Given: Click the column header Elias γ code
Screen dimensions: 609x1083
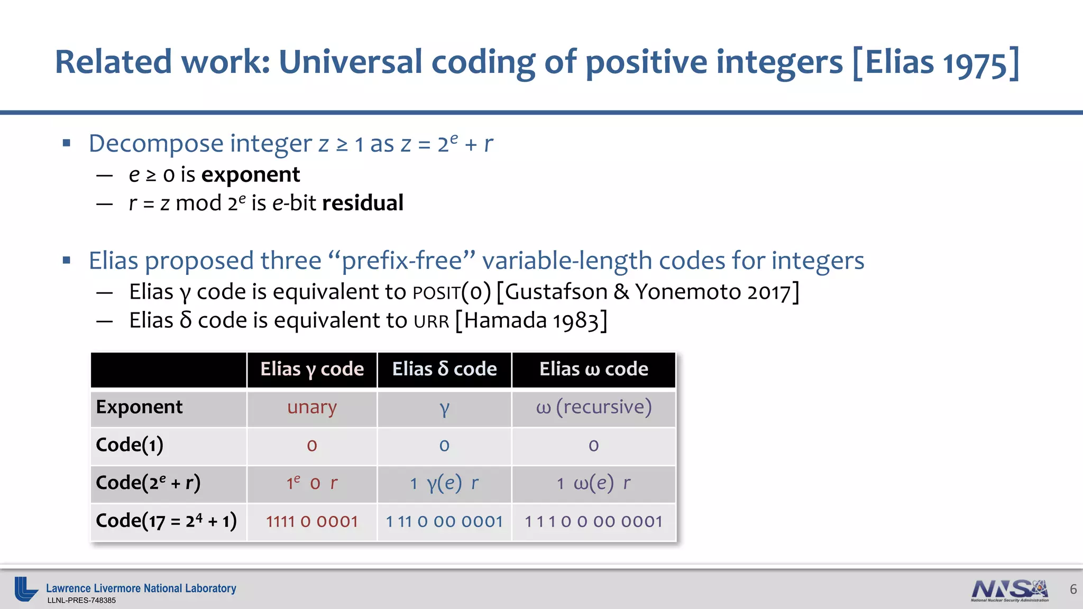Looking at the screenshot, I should [x=312, y=369].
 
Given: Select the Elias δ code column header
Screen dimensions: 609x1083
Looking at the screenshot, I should [x=444, y=369].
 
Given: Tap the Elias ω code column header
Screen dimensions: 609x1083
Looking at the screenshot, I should [x=593, y=369].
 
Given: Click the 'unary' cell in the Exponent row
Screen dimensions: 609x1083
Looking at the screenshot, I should [x=312, y=407].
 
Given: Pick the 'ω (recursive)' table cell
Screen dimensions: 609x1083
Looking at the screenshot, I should [x=593, y=407].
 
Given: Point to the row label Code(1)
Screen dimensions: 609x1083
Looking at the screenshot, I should [x=130, y=445].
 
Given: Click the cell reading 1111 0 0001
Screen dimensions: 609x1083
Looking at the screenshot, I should [x=312, y=522].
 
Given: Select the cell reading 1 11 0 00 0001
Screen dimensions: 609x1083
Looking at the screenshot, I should [x=444, y=522].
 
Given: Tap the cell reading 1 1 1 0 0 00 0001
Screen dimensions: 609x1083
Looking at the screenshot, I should [x=593, y=522].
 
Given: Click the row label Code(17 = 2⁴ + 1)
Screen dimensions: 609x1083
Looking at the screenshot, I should [x=166, y=521].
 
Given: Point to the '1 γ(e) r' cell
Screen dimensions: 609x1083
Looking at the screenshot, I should [x=444, y=483].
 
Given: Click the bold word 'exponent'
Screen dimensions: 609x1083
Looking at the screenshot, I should [x=251, y=175].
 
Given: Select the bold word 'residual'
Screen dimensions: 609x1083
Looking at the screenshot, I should [x=363, y=204].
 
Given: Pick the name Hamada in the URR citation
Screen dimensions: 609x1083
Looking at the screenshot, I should [x=506, y=321].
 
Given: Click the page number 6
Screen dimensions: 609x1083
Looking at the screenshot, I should [x=1073, y=589].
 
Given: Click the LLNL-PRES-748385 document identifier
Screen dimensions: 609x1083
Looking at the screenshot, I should [x=81, y=601].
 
